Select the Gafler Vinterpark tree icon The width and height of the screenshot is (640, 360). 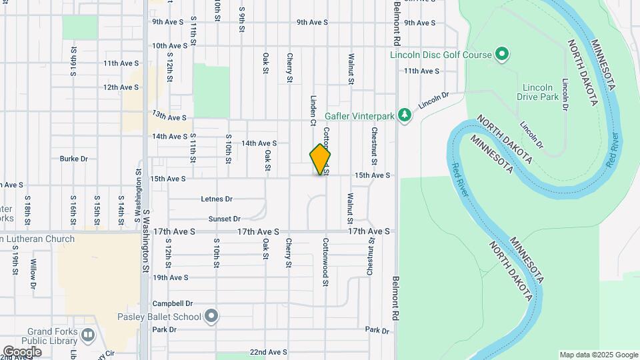(403, 116)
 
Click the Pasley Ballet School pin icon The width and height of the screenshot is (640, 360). (211, 316)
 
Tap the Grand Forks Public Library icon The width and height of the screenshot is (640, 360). (88, 335)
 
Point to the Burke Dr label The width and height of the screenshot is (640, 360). (74, 159)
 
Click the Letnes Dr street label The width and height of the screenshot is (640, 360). (217, 199)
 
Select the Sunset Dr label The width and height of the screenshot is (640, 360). (223, 219)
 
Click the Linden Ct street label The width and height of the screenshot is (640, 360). (313, 110)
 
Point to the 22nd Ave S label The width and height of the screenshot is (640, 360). (268, 351)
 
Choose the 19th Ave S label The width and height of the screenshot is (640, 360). (170, 277)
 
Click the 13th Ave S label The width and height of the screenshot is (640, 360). (169, 117)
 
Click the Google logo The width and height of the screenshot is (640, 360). (22, 351)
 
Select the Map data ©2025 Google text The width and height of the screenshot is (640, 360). (598, 355)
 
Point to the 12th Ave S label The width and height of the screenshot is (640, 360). (121, 87)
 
